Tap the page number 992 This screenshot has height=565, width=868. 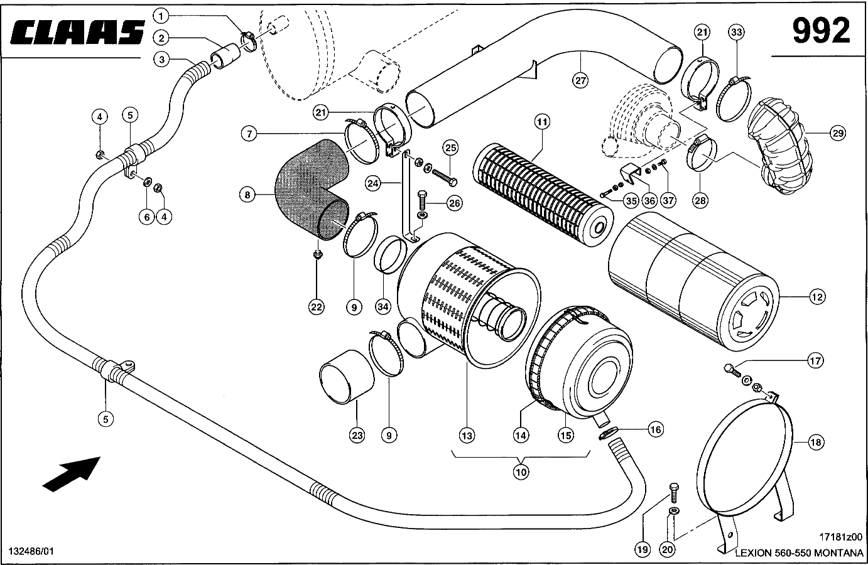point(820,31)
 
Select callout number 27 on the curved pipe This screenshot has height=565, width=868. point(580,80)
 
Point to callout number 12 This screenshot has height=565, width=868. point(816,298)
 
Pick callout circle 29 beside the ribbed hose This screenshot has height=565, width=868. point(837,133)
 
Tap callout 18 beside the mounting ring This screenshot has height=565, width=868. point(815,443)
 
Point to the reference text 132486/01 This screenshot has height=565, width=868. point(31,551)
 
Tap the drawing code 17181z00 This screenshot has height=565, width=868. point(841,537)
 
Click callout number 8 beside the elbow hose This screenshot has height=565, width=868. point(247,195)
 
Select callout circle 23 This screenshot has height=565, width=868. point(357,435)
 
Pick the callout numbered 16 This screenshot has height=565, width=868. point(655,430)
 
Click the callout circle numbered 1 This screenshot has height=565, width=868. point(161,15)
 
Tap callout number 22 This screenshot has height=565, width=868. point(316,307)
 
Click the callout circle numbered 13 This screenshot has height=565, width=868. point(466,435)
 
